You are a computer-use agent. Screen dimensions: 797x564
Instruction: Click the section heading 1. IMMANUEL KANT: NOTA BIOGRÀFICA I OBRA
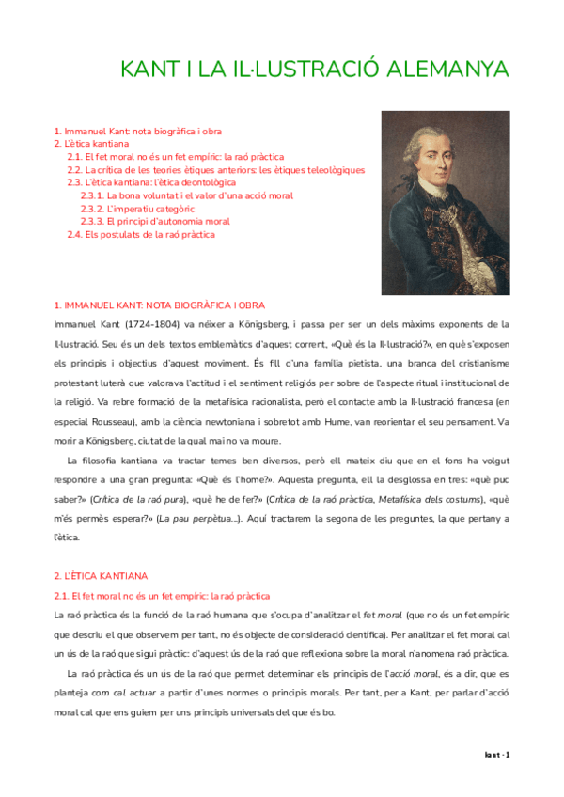point(159,305)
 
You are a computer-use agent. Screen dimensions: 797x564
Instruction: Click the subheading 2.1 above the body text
point(162,596)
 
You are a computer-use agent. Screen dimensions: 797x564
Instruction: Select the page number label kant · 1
point(495,755)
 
